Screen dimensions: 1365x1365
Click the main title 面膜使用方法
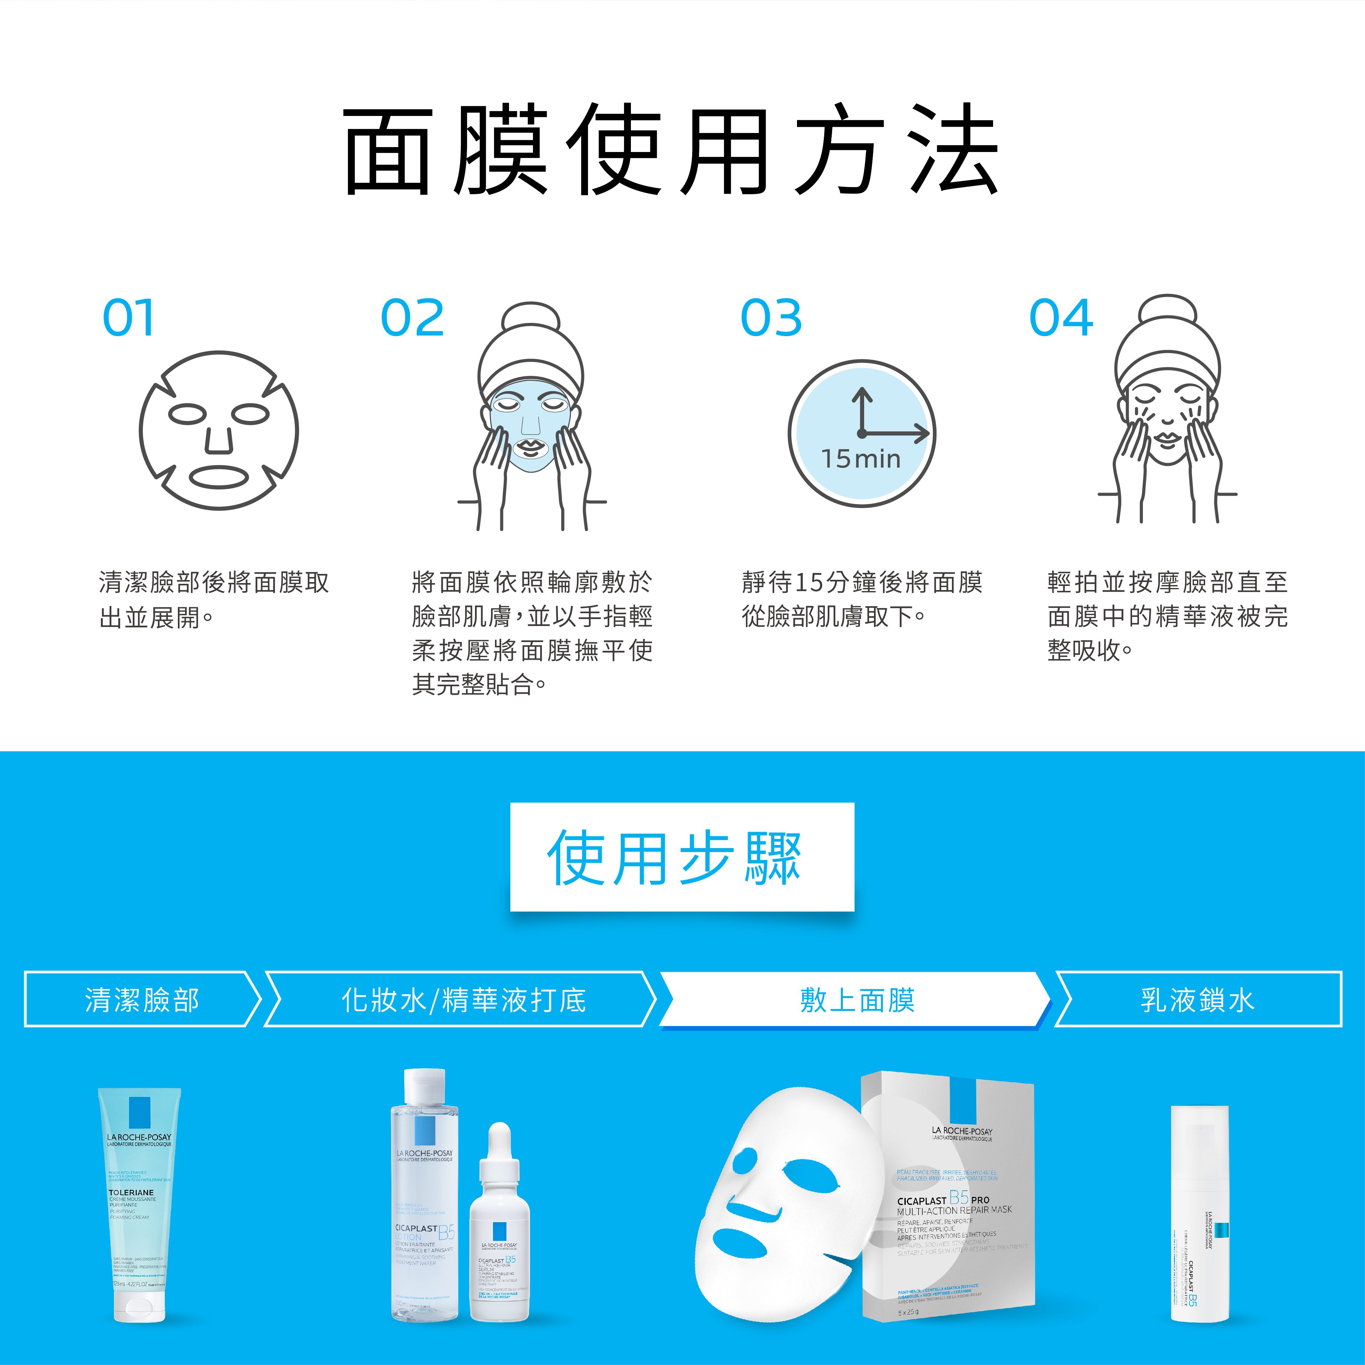click(671, 150)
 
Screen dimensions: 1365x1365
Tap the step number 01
click(129, 318)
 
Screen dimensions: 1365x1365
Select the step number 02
click(413, 318)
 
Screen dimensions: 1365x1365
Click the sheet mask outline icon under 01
click(219, 431)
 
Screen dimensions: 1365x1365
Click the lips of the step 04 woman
click(1167, 438)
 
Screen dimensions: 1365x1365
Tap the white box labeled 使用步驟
click(682, 857)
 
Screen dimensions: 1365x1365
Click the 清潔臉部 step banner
click(141, 999)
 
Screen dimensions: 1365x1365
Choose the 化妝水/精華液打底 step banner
click(463, 999)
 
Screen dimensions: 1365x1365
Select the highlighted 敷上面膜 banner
click(856, 999)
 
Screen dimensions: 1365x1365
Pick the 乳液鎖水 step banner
click(1198, 999)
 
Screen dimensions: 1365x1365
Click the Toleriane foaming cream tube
click(139, 1201)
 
